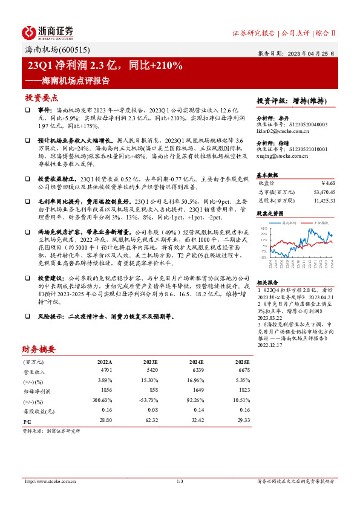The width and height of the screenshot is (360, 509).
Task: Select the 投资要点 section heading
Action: click(x=42, y=97)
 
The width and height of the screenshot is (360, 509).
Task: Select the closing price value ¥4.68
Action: click(x=327, y=183)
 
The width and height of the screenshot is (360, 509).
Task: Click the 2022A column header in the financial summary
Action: click(x=105, y=361)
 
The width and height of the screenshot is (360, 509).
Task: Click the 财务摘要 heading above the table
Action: click(x=39, y=349)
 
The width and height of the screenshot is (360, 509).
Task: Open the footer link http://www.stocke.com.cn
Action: click(x=48, y=481)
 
